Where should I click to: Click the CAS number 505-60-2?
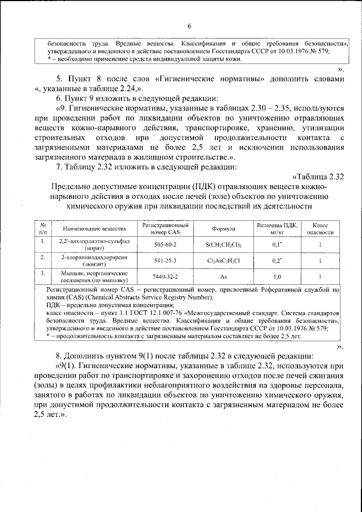[x=165, y=244]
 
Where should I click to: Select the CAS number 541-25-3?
[x=165, y=261]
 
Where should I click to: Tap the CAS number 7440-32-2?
[x=165, y=277]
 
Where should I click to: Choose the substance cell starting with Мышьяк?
[x=94, y=277]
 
